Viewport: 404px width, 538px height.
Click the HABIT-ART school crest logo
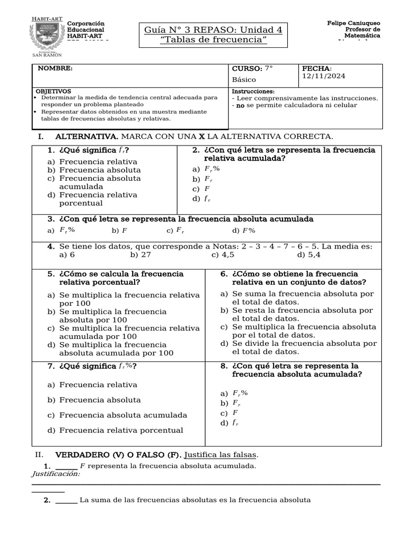(47, 37)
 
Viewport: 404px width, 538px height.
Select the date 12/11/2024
(324, 76)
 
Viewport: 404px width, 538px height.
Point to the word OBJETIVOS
(52, 91)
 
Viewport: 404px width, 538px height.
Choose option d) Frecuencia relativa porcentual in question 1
(93, 199)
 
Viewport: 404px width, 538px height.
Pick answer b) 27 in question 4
(140, 254)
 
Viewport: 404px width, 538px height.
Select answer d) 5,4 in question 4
(309, 254)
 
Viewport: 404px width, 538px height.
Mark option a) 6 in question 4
(67, 254)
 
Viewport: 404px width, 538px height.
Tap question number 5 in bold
(51, 274)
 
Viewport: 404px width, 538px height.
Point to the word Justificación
(56, 474)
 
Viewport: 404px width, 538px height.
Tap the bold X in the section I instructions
(201, 136)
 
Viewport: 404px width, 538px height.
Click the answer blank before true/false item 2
(66, 500)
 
